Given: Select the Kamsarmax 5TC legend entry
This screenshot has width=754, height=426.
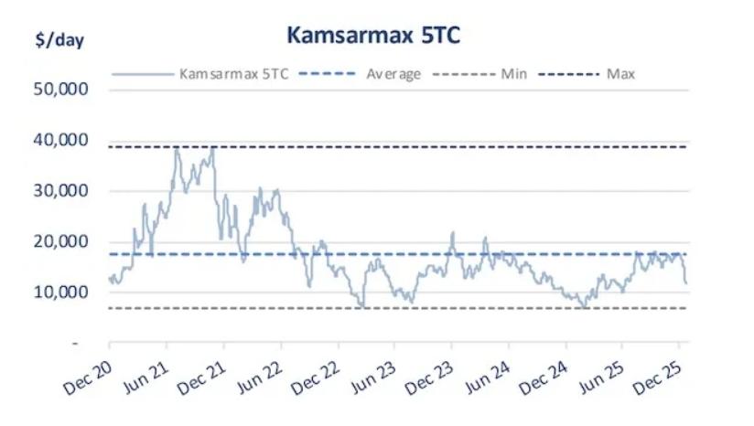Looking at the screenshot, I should pyautogui.click(x=234, y=74).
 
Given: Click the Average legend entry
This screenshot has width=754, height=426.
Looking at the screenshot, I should pyautogui.click(x=393, y=74).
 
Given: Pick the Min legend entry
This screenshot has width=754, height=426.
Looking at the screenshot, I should pyautogui.click(x=512, y=74).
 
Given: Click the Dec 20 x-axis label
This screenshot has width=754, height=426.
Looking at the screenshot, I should pyautogui.click(x=88, y=374).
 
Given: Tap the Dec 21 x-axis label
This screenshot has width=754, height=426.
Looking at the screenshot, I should pyautogui.click(x=201, y=374).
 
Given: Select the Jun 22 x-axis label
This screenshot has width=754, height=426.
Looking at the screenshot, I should pyautogui.click(x=259, y=374).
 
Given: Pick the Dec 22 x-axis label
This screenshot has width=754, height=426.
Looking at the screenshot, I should pyautogui.click(x=316, y=374).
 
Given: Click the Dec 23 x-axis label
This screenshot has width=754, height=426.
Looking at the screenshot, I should pyautogui.click(x=430, y=374).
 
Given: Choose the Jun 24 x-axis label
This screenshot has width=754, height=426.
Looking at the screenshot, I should pyautogui.click(x=487, y=374).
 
